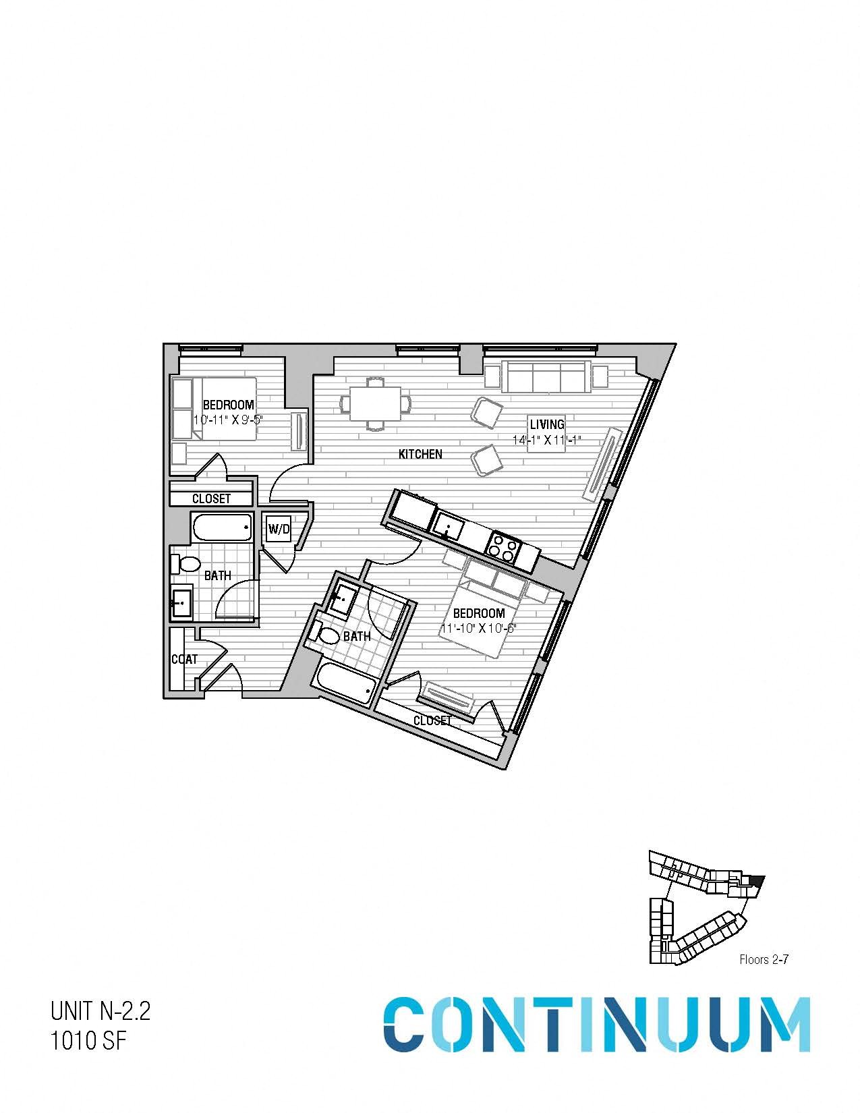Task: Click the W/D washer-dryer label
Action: [279, 530]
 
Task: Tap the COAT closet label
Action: [183, 659]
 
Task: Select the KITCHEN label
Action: [420, 455]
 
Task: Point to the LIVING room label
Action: [546, 424]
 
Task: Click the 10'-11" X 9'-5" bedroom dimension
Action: [227, 419]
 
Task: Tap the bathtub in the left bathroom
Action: [221, 527]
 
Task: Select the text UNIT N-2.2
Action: [100, 1012]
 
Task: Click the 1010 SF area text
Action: [88, 1041]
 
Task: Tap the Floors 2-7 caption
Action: [764, 960]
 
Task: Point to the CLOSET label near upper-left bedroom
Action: [211, 498]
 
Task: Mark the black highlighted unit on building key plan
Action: [757, 881]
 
